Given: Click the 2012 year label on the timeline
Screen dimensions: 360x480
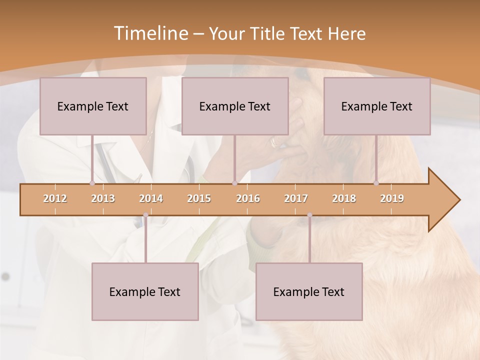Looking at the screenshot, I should [55, 198].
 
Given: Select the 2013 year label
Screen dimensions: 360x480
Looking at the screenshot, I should [103, 198].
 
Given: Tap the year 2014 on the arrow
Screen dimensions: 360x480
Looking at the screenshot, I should [151, 198].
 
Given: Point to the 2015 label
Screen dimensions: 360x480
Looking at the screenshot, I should [199, 198].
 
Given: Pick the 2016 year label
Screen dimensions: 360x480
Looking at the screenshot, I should [248, 198].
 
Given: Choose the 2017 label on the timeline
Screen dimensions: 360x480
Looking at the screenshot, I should [296, 198].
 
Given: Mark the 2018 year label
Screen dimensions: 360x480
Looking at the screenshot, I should [344, 198].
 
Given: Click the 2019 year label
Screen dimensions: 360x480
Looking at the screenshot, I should [392, 198].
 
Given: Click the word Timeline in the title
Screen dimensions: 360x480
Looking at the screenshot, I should [150, 33].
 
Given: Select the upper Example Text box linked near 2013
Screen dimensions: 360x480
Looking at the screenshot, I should [93, 106].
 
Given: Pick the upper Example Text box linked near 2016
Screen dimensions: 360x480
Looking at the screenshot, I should [235, 106].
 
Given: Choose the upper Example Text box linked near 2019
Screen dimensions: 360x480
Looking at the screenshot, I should [377, 106].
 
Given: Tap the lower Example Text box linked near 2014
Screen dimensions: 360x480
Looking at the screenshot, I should [145, 291].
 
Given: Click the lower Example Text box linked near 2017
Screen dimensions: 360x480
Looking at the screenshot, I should [309, 291].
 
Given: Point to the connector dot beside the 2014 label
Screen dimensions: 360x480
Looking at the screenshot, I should [145, 215].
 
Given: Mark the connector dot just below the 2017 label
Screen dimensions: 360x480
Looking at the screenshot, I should [309, 215].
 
